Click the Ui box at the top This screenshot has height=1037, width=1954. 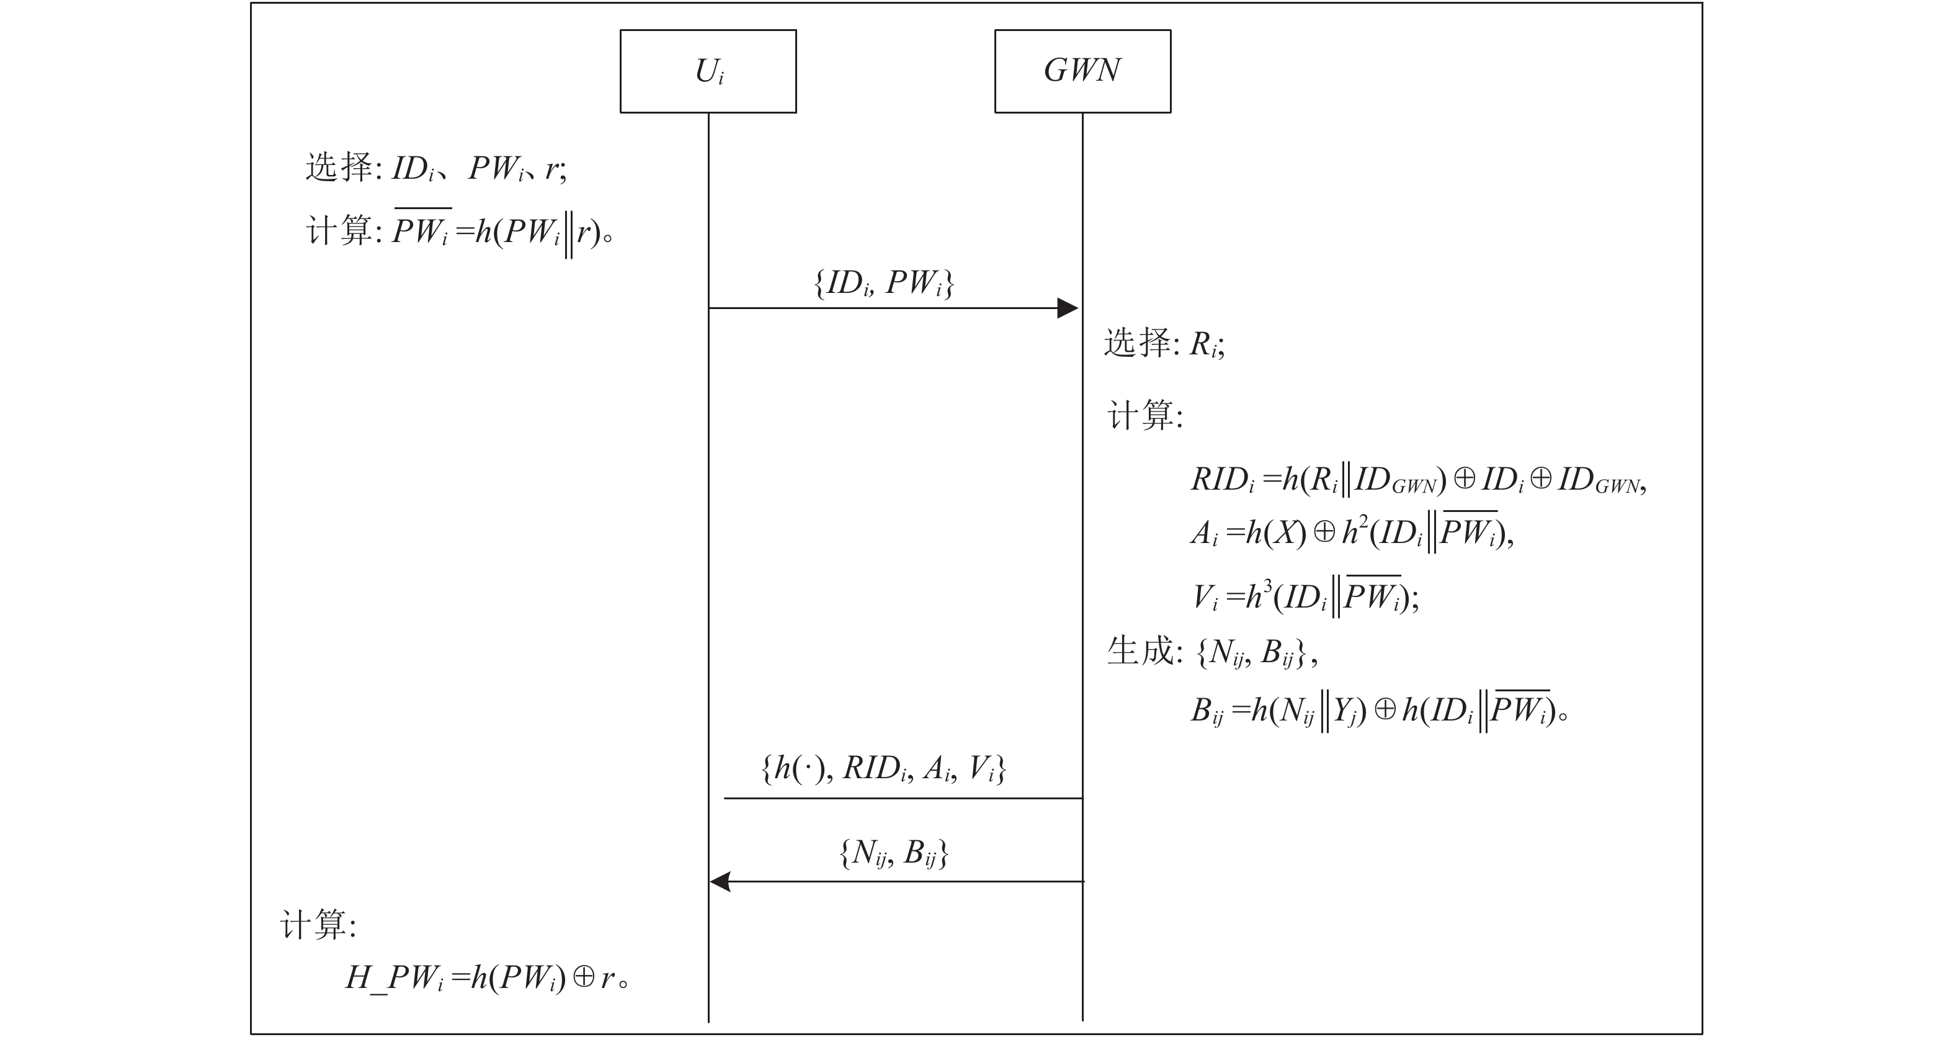click(x=708, y=71)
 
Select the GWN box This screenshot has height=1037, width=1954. click(x=1082, y=71)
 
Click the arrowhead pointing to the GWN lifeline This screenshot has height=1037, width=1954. click(x=1068, y=308)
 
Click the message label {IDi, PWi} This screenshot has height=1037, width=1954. click(x=884, y=283)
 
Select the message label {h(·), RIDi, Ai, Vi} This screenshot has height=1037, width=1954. click(x=884, y=769)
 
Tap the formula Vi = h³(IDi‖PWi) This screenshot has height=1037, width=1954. click(x=1305, y=597)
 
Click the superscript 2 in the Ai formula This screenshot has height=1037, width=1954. click(x=1363, y=521)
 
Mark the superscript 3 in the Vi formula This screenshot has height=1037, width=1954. click(x=1267, y=585)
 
